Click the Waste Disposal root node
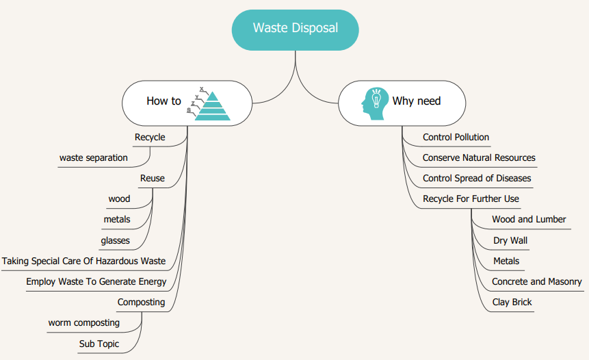point(295,29)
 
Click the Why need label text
point(416,101)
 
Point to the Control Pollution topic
point(456,138)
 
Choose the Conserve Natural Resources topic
point(479,158)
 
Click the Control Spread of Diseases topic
point(476,179)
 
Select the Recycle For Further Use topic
point(471,199)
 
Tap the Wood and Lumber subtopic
point(529,220)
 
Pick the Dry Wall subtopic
point(510,240)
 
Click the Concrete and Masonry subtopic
point(536,281)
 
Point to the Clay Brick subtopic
point(512,302)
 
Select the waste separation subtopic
point(94,158)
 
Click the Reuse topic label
point(152,179)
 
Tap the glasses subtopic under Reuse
point(115,240)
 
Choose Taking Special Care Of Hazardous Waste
point(83,261)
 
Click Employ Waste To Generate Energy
point(96,281)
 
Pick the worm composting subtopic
point(83,322)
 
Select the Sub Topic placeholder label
point(99,344)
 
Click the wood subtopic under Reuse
point(119,199)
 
